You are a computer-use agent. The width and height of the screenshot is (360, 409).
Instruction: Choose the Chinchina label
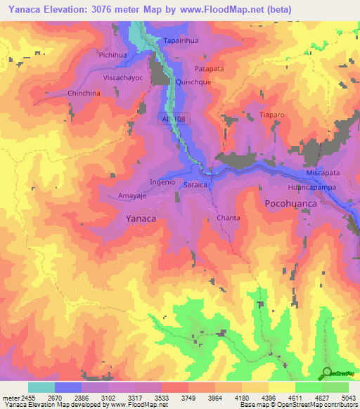pyautogui.click(x=84, y=93)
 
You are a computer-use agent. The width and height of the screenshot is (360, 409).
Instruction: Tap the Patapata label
pyautogui.click(x=210, y=69)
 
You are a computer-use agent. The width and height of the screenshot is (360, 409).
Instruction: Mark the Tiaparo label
pyautogui.click(x=271, y=115)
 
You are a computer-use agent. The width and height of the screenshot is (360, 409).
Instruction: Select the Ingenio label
pyautogui.click(x=162, y=181)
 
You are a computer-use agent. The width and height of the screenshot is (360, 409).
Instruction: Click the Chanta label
pyautogui.click(x=229, y=218)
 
